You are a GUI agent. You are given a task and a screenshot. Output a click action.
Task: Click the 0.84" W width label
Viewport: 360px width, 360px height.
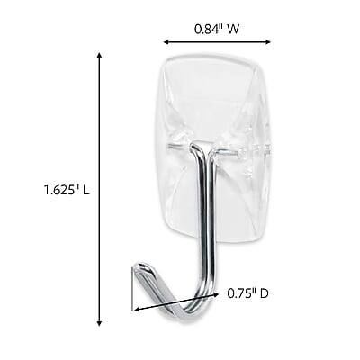[x=217, y=28]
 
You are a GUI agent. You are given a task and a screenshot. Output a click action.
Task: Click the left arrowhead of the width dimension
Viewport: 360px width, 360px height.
[x=165, y=41]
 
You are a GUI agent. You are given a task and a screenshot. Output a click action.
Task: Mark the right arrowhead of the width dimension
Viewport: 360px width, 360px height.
[x=269, y=41]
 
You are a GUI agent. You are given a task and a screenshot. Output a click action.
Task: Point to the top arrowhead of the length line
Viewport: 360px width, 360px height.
[x=98, y=55]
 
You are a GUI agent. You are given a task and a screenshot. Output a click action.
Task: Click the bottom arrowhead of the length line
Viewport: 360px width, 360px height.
[x=98, y=323]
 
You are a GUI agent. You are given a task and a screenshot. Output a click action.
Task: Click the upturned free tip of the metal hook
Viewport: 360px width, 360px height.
[x=141, y=267]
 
